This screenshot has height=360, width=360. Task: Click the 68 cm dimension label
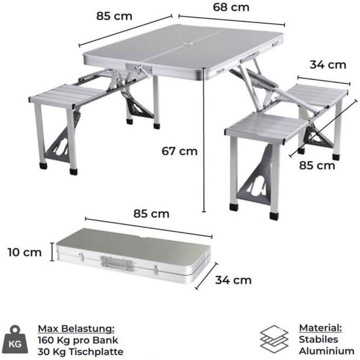(231, 7)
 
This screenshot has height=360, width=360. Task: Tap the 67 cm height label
(179, 151)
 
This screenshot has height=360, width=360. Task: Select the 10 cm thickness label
(25, 253)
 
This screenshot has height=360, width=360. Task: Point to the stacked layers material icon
(274, 339)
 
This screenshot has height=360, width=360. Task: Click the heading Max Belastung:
(76, 329)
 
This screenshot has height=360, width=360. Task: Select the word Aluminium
(327, 351)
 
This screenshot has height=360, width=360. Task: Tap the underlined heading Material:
(320, 328)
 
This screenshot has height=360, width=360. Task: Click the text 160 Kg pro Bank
(78, 340)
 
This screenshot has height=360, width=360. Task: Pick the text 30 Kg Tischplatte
(81, 351)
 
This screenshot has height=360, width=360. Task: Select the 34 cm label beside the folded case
(233, 280)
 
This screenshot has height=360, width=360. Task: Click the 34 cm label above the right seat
(328, 65)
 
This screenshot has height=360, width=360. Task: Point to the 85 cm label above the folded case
(151, 214)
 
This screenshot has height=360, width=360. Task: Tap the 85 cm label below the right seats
(317, 166)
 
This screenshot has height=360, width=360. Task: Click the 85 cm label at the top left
(114, 16)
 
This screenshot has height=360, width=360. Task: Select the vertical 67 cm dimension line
(204, 139)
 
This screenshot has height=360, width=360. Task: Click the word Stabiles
(318, 339)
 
